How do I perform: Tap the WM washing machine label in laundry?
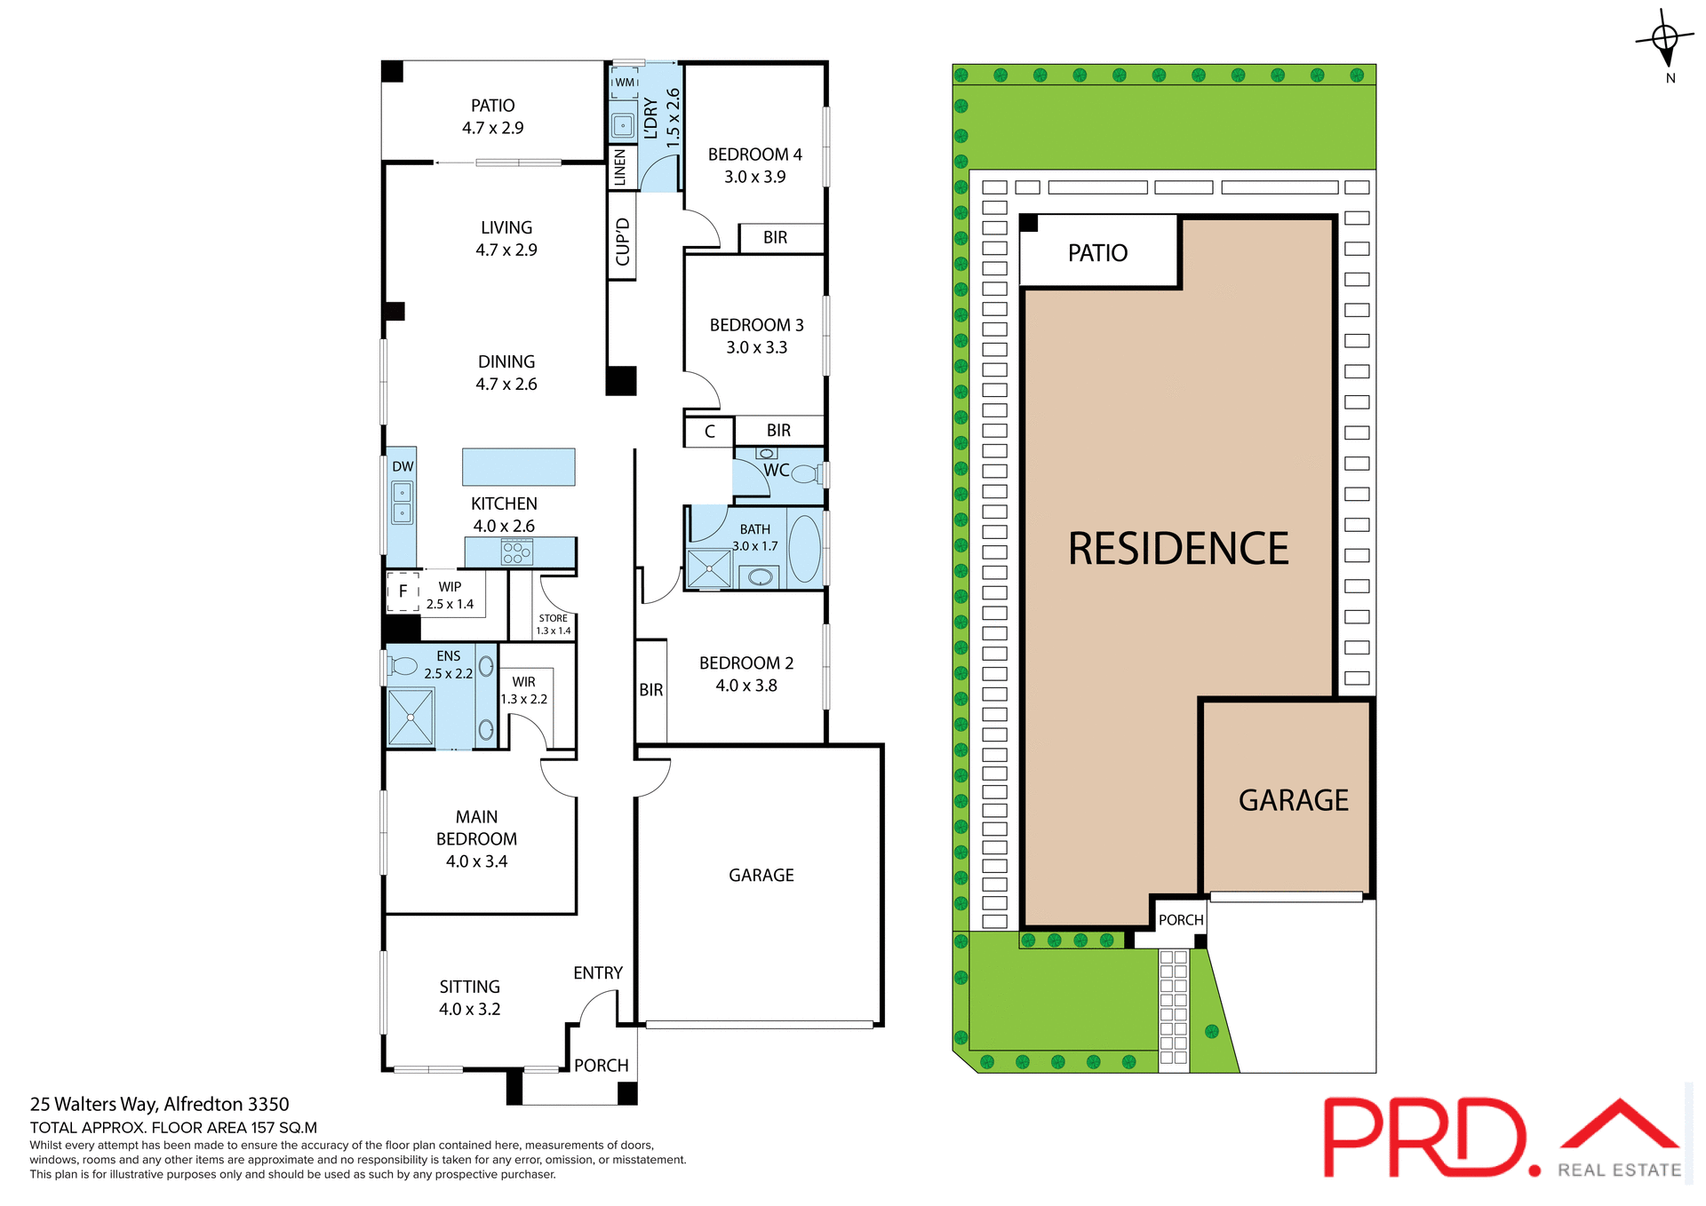(625, 83)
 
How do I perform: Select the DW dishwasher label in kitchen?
(403, 466)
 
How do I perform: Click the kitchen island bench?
(518, 466)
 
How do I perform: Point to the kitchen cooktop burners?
(517, 552)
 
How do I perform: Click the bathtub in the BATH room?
(805, 548)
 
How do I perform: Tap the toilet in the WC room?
(806, 473)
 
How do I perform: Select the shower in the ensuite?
(411, 717)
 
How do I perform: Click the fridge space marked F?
(403, 591)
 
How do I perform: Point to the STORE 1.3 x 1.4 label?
(553, 624)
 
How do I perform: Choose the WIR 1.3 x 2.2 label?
(524, 690)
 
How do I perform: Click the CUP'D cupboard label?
(623, 242)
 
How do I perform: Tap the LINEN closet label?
(620, 167)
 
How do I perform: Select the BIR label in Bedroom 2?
(651, 690)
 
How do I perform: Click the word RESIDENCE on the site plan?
(1177, 549)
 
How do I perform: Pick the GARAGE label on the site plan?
(1293, 800)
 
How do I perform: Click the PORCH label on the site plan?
(1181, 920)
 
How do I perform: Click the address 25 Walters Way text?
(160, 1104)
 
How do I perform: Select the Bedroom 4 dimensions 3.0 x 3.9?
(754, 177)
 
